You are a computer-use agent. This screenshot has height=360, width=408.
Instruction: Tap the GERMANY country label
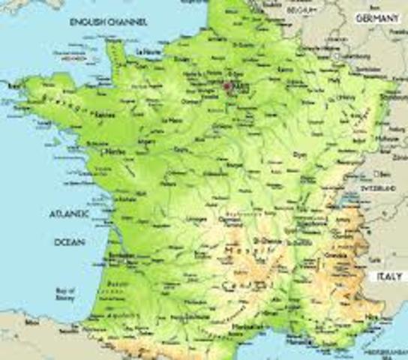[x=379, y=17]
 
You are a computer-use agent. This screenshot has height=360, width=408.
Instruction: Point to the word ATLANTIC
[x=69, y=214]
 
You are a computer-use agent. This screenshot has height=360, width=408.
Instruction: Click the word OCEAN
[x=69, y=242]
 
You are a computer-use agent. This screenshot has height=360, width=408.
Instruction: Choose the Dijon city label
[x=300, y=154]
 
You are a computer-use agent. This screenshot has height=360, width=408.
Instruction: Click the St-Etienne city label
[x=268, y=241]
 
